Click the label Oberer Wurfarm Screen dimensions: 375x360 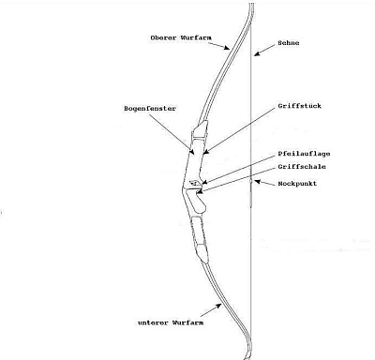tap(179, 37)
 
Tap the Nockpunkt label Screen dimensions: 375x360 tap(299, 184)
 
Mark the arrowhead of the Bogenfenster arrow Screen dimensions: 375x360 tap(194, 151)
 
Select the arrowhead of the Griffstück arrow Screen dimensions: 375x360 tap(202, 151)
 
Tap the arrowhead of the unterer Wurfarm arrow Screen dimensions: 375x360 tap(223, 306)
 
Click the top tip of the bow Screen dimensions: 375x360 tap(251, 5)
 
